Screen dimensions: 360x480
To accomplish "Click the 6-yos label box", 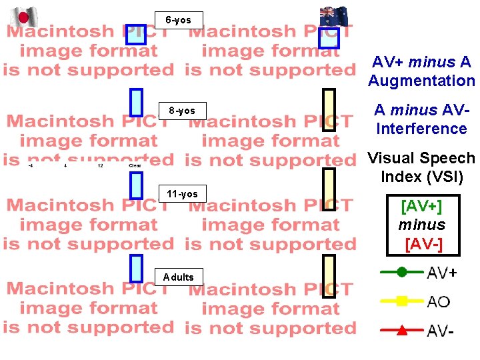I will tap(179, 20).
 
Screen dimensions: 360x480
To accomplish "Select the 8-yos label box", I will tap(182, 110).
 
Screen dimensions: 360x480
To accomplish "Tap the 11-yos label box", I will tap(182, 194).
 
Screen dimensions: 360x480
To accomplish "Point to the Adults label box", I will tap(179, 277).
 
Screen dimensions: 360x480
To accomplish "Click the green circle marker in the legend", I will tap(401, 271).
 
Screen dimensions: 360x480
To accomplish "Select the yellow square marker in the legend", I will tap(401, 301).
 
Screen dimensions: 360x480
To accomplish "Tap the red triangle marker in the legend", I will tap(401, 330).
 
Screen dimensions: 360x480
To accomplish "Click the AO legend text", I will tap(438, 302).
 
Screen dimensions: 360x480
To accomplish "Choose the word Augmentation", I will tap(421, 81).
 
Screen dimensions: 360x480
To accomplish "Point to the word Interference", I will tap(421, 128).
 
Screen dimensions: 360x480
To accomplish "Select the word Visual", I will tap(391, 159).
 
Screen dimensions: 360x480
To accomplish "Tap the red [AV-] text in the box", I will tap(423, 244).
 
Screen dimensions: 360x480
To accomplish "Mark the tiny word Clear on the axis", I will tap(135, 165).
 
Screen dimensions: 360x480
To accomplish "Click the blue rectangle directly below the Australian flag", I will tap(329, 38).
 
